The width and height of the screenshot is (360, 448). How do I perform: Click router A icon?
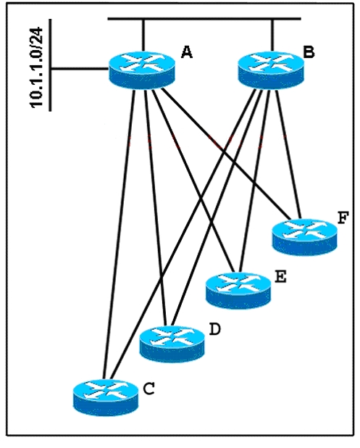(141, 70)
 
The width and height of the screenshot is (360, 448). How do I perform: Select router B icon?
(271, 70)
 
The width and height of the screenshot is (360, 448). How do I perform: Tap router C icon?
(106, 397)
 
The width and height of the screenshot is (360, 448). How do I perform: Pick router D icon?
(172, 344)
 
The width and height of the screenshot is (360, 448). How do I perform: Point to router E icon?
(238, 291)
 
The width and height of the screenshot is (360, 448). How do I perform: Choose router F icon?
(305, 237)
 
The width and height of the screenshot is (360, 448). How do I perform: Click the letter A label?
(187, 52)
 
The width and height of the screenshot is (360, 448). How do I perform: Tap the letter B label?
(309, 52)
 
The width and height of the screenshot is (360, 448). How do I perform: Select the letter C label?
(148, 389)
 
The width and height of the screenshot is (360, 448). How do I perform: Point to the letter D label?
(214, 329)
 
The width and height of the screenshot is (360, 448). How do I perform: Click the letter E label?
(280, 277)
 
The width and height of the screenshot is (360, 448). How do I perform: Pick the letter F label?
(343, 218)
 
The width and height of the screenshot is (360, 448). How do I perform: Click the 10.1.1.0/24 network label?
(36, 67)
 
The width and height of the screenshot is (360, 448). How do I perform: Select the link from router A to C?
(120, 234)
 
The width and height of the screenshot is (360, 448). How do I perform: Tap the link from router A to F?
(226, 154)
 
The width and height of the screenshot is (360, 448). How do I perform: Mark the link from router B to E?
(254, 181)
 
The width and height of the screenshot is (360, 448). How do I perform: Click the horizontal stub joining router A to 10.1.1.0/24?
(80, 69)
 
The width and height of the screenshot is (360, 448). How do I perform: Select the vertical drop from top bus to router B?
(272, 36)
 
